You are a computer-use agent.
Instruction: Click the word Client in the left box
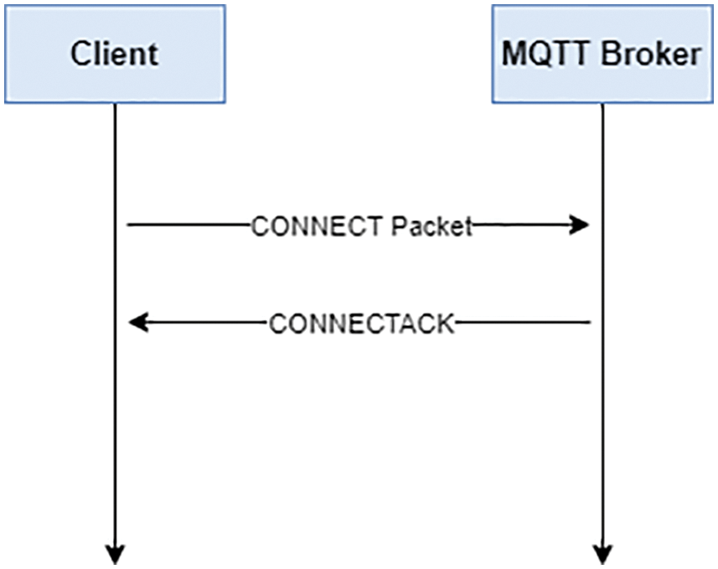(x=114, y=54)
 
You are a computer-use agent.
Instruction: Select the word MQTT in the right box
(x=539, y=54)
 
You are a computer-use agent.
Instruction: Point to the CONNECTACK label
(x=361, y=323)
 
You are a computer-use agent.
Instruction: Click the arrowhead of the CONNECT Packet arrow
(x=580, y=225)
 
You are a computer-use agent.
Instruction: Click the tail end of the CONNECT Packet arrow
(x=129, y=225)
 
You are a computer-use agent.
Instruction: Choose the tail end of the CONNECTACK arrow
(x=590, y=323)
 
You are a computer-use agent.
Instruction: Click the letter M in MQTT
(x=512, y=54)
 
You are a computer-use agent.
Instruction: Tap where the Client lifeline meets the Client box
(x=115, y=104)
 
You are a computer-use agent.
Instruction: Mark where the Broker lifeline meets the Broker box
(x=602, y=104)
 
